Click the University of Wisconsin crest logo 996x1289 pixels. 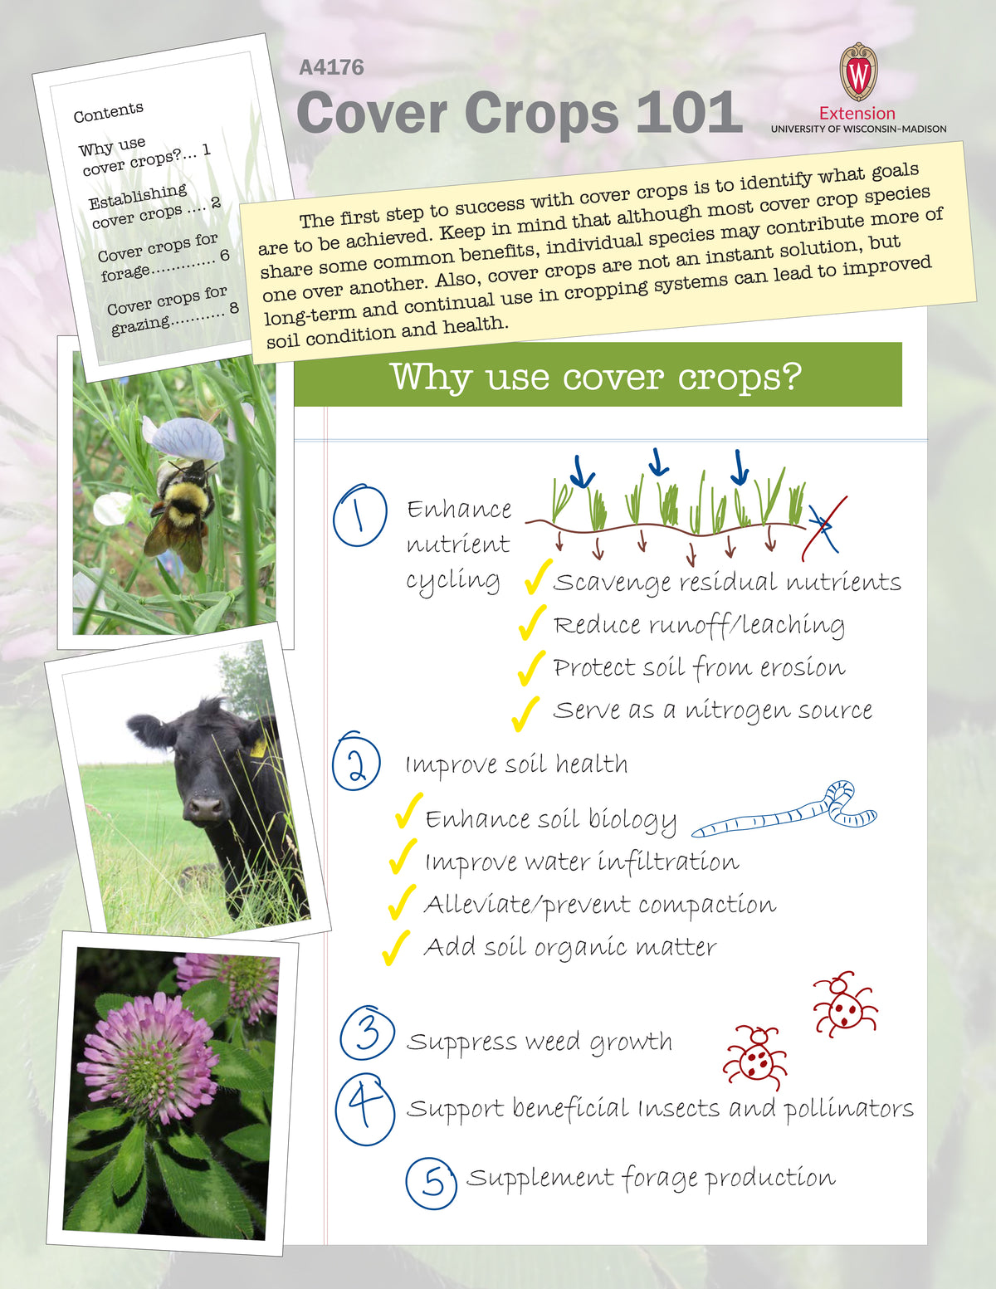click(x=857, y=72)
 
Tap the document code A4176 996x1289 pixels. click(x=331, y=67)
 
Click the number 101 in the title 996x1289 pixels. click(x=688, y=113)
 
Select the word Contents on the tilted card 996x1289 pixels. click(x=108, y=111)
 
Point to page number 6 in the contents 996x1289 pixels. click(x=224, y=256)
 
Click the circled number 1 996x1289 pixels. click(x=359, y=515)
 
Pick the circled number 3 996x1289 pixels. click(x=367, y=1033)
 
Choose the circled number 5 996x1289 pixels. click(x=432, y=1182)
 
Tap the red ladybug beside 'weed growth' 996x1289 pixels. click(x=755, y=1057)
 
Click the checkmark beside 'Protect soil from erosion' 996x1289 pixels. click(x=530, y=668)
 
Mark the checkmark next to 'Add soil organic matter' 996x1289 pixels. click(x=396, y=947)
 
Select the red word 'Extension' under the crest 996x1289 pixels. click(x=857, y=113)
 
